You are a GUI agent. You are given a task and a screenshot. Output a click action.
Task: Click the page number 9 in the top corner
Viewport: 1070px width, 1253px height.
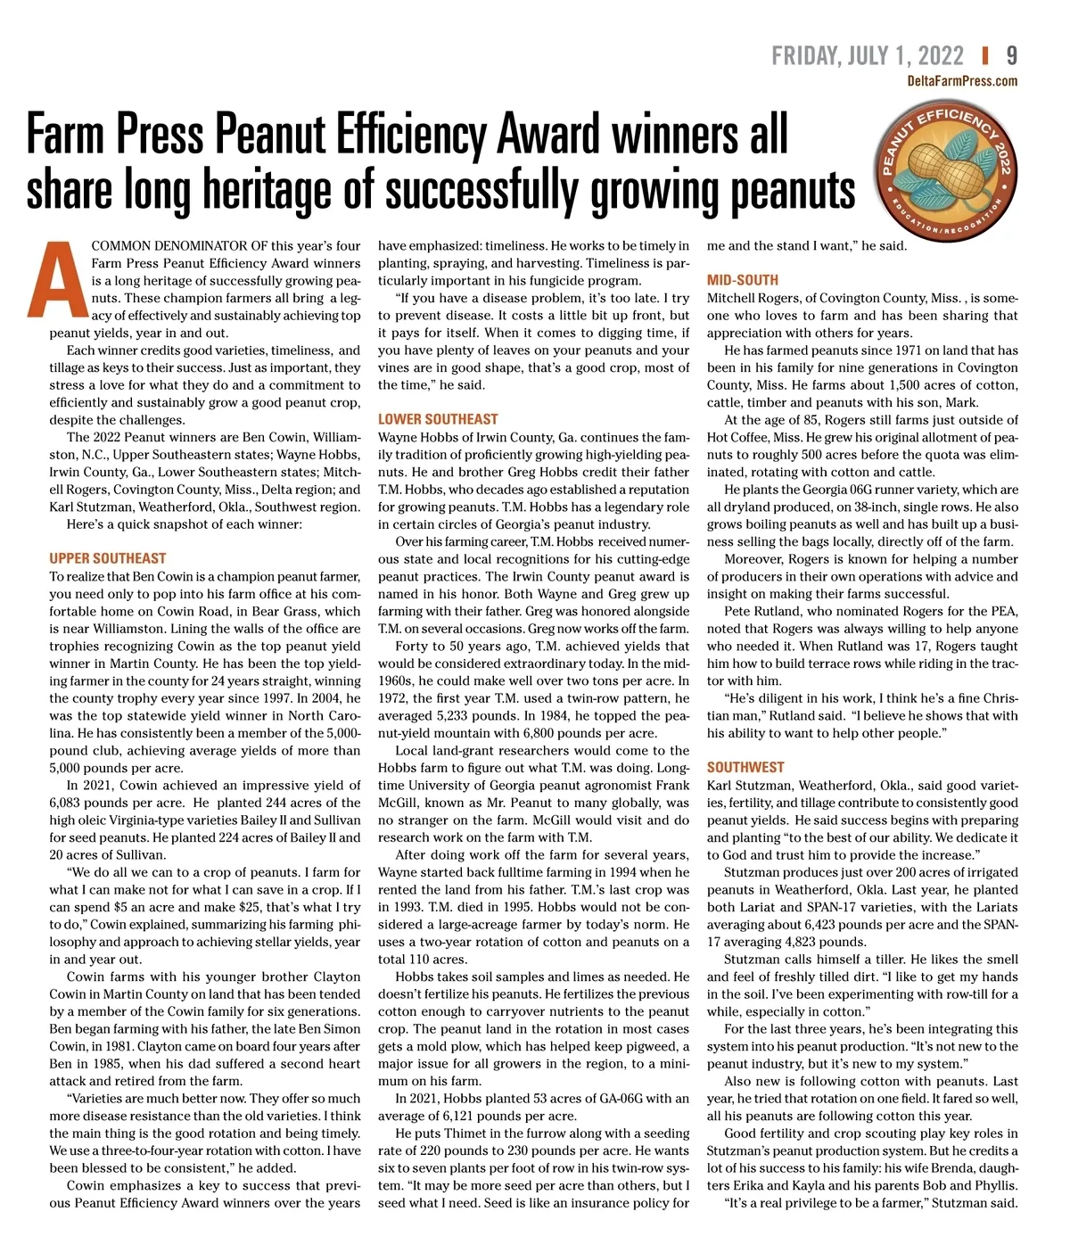(x=1011, y=55)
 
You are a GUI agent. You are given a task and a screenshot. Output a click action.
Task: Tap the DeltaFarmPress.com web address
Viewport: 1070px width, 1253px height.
(x=961, y=81)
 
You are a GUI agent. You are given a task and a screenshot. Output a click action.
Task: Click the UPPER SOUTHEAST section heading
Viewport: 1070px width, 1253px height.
(x=108, y=558)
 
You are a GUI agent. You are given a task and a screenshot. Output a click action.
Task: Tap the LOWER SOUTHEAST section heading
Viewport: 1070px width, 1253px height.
(x=438, y=419)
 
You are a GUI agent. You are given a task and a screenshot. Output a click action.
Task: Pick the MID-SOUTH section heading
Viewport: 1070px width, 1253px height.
(x=742, y=280)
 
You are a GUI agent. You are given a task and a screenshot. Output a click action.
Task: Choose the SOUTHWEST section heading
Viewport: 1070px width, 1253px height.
(x=745, y=767)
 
